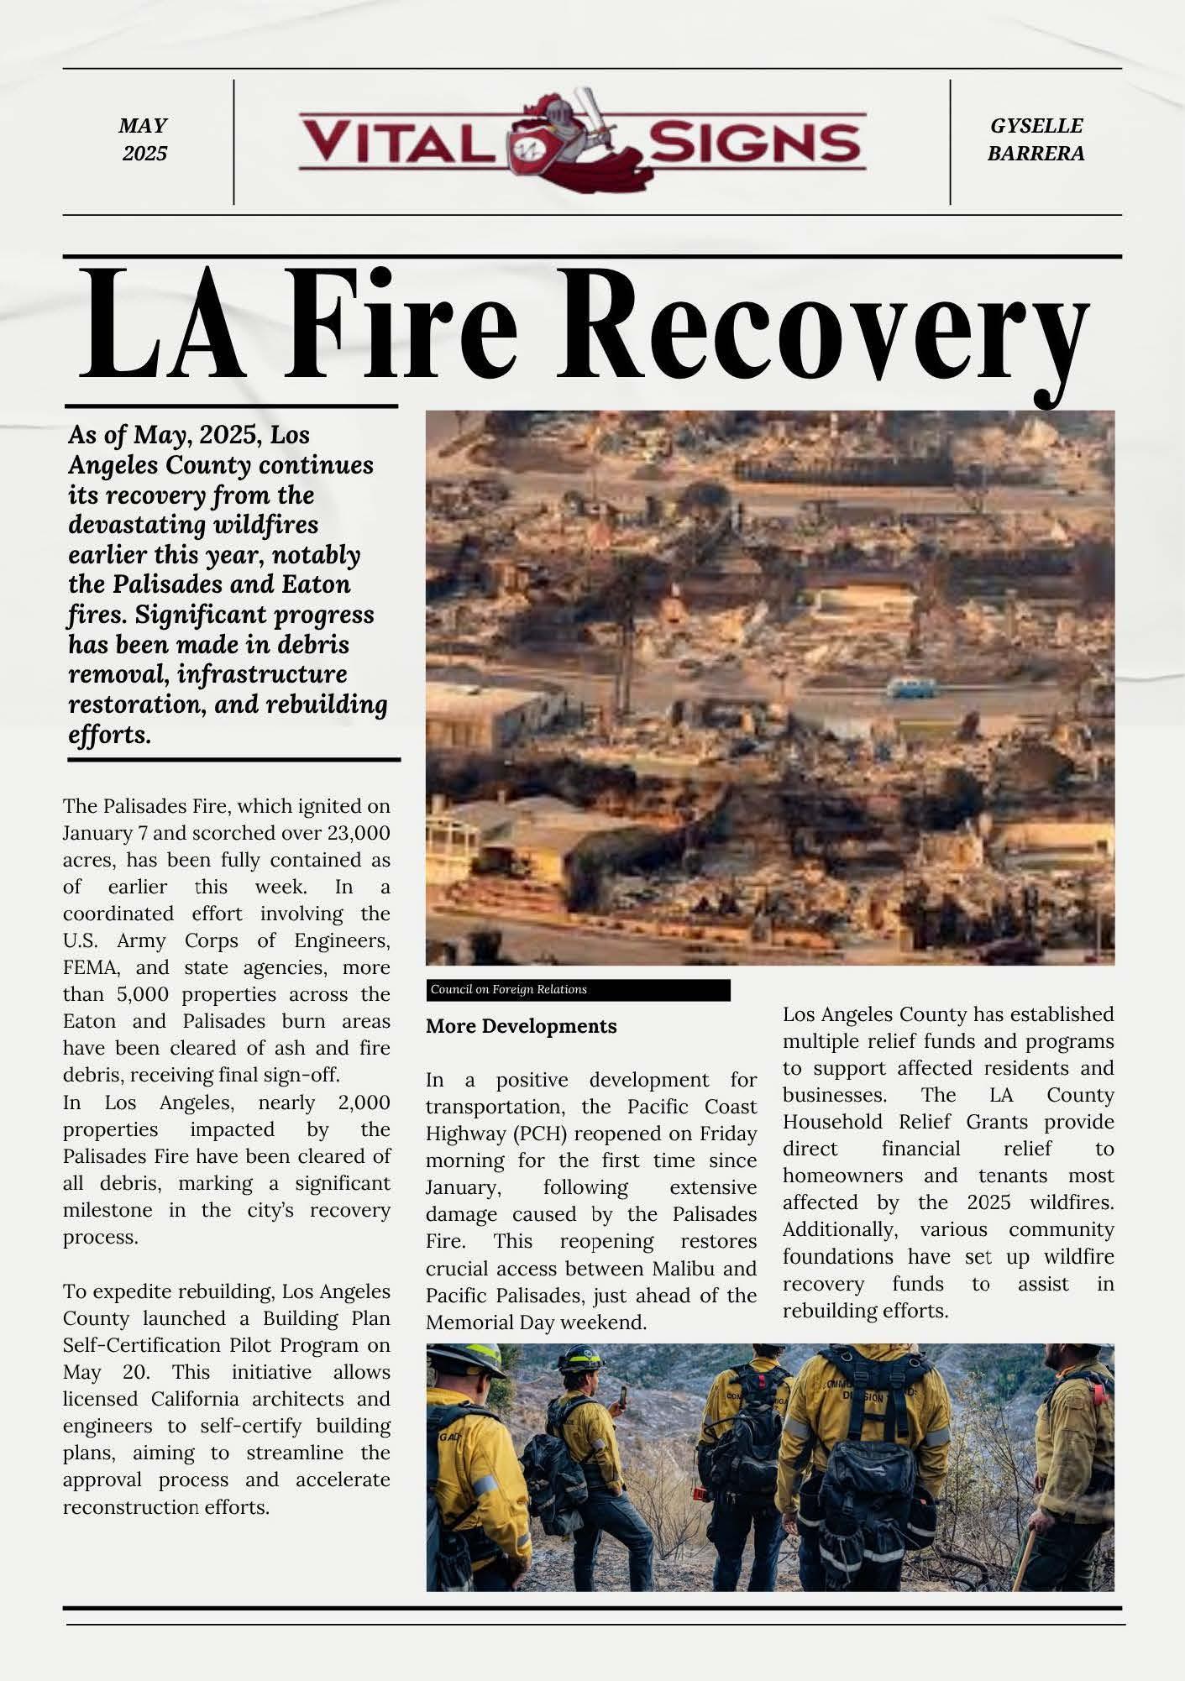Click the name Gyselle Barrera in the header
coord(1036,139)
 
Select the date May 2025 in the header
coord(144,139)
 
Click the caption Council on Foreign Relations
coord(508,990)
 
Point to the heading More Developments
coord(521,1026)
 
